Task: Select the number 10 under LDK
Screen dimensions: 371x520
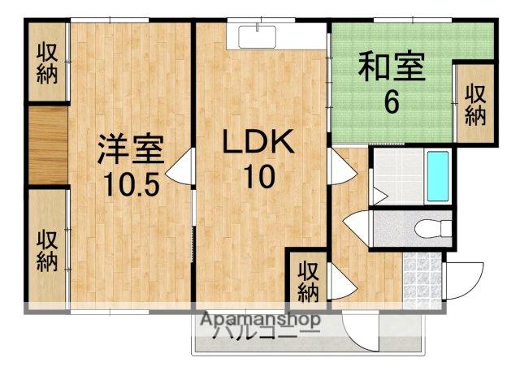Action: click(x=258, y=177)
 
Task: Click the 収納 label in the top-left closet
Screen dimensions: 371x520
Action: click(x=47, y=63)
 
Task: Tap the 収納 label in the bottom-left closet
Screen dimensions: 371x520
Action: click(x=47, y=250)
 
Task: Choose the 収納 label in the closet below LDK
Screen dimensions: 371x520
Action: click(x=307, y=280)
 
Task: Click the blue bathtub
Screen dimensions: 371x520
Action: click(x=438, y=178)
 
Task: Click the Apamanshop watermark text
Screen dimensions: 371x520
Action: click(x=259, y=318)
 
